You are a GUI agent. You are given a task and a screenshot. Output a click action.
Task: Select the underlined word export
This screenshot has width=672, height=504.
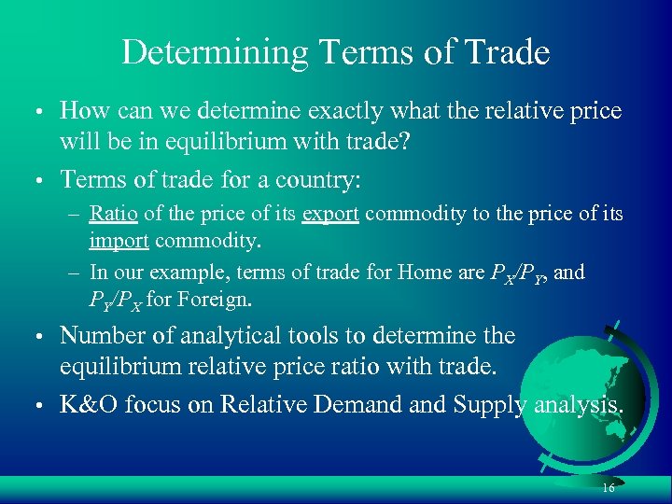click(x=330, y=215)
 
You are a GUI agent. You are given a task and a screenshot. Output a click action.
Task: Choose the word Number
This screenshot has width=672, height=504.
click(x=102, y=335)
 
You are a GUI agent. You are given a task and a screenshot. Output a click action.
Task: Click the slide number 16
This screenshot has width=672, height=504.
click(x=608, y=489)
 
